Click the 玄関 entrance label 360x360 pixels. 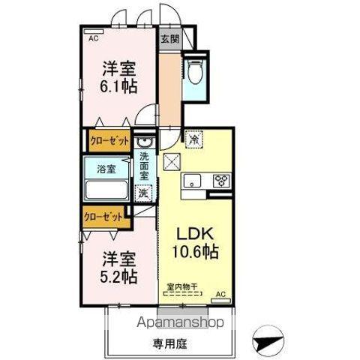click(x=169, y=38)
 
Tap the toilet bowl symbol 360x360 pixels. click(x=195, y=72)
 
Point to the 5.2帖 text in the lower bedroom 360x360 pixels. click(x=119, y=276)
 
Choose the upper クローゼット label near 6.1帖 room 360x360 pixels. click(x=109, y=140)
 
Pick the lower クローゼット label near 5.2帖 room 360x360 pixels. click(x=103, y=216)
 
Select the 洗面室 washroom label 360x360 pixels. click(x=144, y=166)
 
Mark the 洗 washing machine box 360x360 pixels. click(x=143, y=192)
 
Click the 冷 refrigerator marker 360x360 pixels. click(x=193, y=139)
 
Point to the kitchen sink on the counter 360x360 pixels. click(x=192, y=180)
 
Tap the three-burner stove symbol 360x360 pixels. click(x=222, y=180)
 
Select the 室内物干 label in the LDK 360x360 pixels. click(x=183, y=286)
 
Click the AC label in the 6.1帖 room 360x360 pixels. click(x=94, y=37)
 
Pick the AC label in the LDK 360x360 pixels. click(x=220, y=293)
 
